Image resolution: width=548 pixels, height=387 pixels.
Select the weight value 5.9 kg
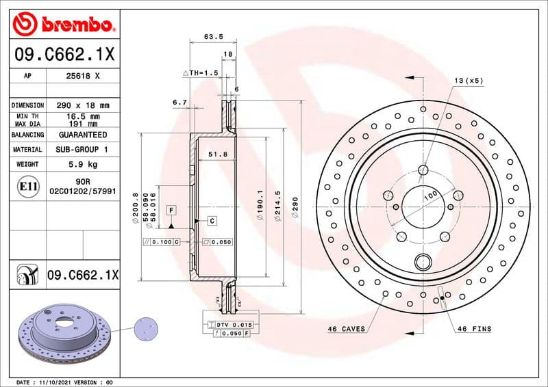click(83, 164)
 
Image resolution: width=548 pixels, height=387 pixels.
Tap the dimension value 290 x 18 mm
click(83, 105)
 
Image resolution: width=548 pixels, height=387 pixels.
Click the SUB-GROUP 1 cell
click(83, 149)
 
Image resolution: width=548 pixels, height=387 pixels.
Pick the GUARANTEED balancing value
click(83, 135)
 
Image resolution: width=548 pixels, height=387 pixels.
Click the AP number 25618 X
click(83, 76)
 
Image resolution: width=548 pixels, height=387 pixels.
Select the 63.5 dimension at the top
click(211, 37)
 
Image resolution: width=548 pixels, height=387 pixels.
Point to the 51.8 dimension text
click(219, 155)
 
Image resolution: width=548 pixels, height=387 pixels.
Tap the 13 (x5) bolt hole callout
click(469, 81)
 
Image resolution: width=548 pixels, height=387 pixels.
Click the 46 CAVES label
click(346, 329)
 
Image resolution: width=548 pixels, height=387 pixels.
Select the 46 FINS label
click(474, 329)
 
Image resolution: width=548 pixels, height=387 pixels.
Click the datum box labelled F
click(171, 209)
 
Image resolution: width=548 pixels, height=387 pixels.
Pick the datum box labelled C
click(212, 221)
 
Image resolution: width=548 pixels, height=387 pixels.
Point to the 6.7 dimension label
click(180, 102)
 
